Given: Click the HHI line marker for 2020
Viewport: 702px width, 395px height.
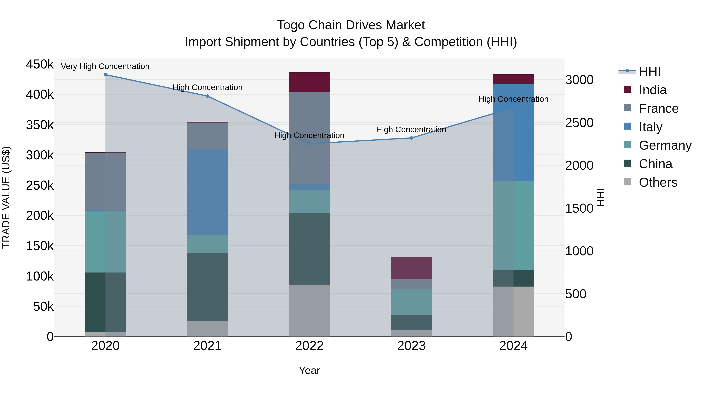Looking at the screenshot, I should (105, 75).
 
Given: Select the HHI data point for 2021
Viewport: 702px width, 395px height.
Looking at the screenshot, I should (207, 96).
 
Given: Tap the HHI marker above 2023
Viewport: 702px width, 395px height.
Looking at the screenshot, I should (411, 138).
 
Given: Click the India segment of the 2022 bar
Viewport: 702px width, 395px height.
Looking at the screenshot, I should (309, 82).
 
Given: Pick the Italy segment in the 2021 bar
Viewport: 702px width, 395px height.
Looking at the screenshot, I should (207, 192).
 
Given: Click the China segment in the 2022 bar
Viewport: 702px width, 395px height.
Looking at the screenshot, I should (309, 249).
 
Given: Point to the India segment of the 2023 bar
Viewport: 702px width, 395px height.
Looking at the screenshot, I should (411, 268).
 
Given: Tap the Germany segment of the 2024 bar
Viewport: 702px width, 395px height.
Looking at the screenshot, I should (513, 225).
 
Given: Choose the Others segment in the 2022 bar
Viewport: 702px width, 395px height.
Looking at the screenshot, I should (309, 311).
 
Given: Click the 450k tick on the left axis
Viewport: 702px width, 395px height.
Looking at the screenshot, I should (40, 65).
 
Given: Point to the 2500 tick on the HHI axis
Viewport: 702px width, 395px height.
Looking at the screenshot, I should (579, 123).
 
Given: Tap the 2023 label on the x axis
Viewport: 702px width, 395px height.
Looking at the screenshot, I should (411, 346).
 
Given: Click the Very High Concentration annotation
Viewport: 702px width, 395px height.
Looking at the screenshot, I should (105, 66).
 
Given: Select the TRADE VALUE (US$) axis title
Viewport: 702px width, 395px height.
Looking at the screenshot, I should (6, 197).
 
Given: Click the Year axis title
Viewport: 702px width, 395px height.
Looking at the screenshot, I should (309, 370).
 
